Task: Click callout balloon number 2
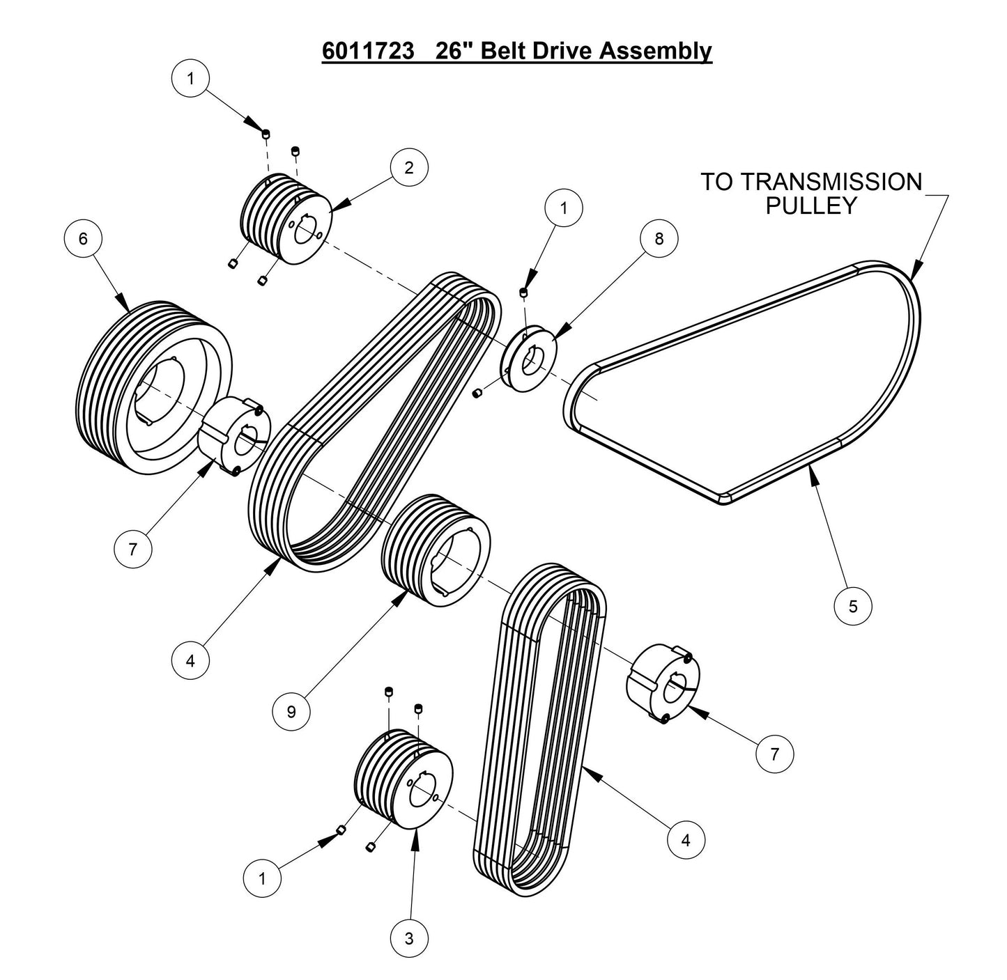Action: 409,167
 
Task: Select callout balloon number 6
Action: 83,239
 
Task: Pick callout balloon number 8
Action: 659,238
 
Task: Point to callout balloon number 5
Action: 853,605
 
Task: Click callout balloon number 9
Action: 291,711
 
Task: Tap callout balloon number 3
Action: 409,938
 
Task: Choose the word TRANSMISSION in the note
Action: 831,182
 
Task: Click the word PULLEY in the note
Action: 811,205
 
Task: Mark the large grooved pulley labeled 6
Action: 153,387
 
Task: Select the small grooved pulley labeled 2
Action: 286,217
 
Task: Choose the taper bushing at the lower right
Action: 662,683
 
